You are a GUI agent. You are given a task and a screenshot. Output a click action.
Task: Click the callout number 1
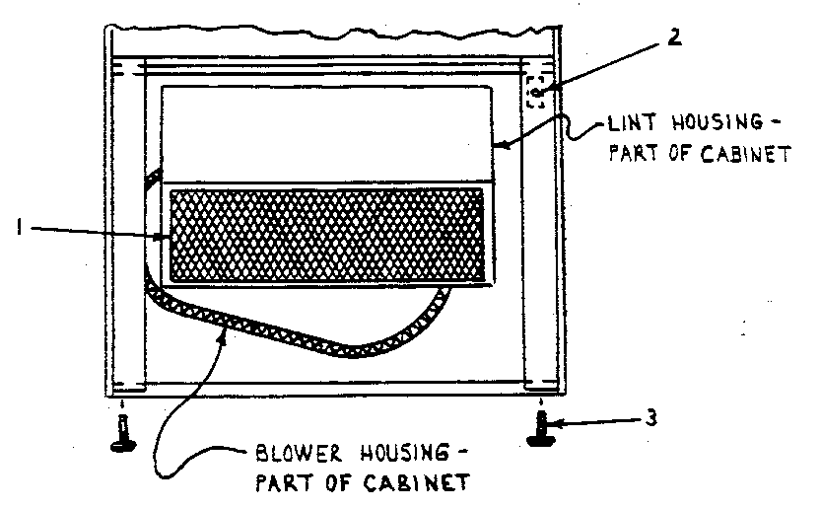(19, 229)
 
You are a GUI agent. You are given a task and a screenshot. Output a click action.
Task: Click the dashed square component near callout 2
(536, 92)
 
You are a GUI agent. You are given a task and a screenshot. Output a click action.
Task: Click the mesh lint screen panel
(327, 233)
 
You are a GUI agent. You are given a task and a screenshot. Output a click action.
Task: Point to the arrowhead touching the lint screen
(168, 236)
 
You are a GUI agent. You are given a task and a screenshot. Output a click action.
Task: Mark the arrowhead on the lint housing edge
(499, 147)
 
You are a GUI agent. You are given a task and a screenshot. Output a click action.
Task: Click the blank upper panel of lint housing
(325, 132)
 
